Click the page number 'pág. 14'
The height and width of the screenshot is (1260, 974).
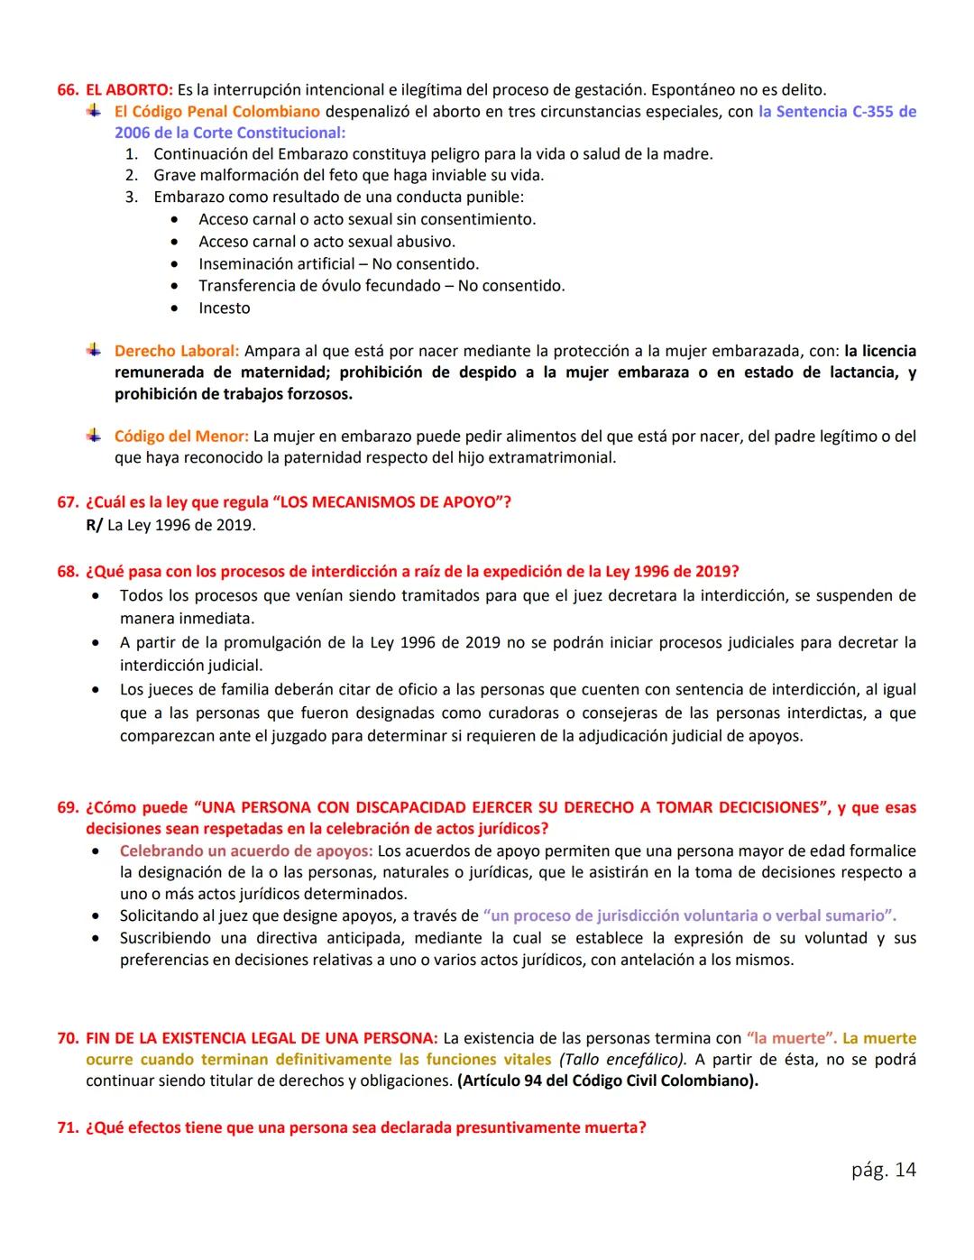click(883, 1170)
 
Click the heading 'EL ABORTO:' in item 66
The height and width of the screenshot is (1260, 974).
click(129, 90)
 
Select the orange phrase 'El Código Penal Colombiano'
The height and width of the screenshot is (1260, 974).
click(216, 112)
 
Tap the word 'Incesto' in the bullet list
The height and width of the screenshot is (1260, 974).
click(225, 308)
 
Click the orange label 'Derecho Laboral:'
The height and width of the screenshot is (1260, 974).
click(177, 351)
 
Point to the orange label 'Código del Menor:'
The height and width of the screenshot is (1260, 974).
click(181, 437)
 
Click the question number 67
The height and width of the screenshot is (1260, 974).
click(69, 501)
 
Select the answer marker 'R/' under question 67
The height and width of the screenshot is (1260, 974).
click(94, 525)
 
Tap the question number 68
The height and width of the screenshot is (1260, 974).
click(69, 572)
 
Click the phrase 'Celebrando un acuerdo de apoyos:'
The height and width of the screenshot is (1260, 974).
click(246, 851)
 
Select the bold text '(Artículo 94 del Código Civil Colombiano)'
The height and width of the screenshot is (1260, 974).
click(607, 1081)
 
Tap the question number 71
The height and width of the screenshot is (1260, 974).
click(69, 1127)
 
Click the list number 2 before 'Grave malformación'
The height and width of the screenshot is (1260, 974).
click(131, 176)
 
